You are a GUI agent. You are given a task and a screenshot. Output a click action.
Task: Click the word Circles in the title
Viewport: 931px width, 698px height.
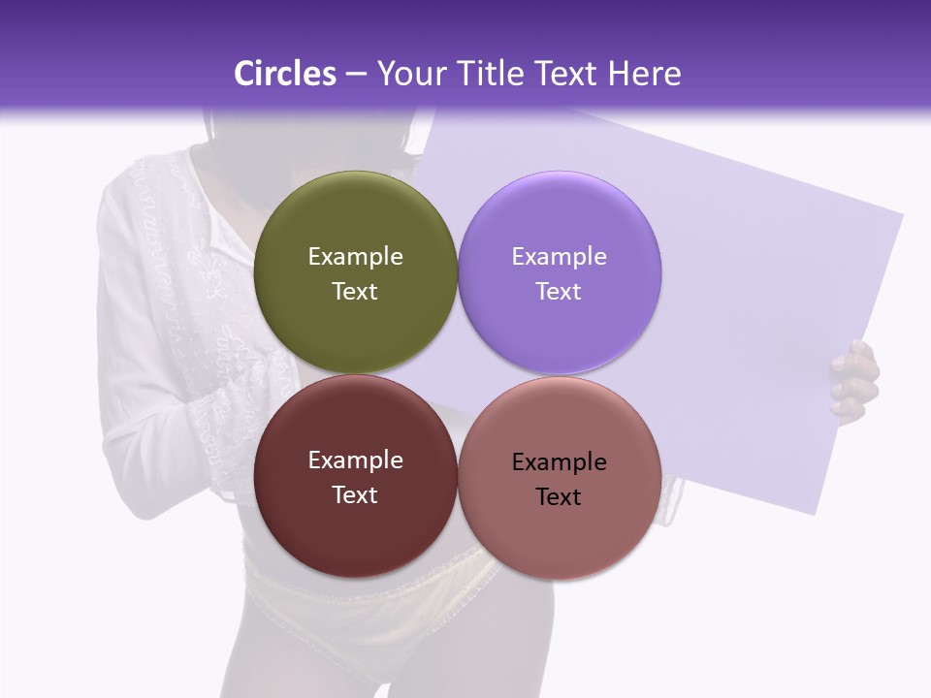pyautogui.click(x=285, y=74)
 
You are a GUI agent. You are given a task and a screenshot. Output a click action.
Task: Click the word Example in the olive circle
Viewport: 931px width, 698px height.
pyautogui.click(x=355, y=256)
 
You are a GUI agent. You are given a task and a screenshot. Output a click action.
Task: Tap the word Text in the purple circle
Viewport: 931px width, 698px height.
pyautogui.click(x=559, y=292)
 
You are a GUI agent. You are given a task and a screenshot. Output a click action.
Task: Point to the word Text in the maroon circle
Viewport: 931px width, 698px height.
pyautogui.click(x=355, y=495)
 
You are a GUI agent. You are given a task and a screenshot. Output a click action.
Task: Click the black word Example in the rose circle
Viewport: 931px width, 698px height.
pyautogui.click(x=560, y=461)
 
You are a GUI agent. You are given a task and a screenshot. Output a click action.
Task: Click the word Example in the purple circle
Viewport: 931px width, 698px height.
pyautogui.click(x=560, y=256)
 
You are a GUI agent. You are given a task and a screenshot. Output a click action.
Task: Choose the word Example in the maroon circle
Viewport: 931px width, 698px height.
pyautogui.click(x=355, y=460)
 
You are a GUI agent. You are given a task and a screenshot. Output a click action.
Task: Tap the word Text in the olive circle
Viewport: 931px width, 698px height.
pyautogui.click(x=355, y=292)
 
